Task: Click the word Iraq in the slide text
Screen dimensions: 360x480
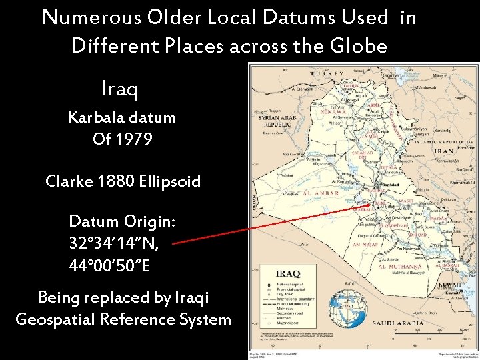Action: pyautogui.click(x=120, y=87)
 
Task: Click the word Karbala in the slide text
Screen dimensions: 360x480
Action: pyautogui.click(x=93, y=117)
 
